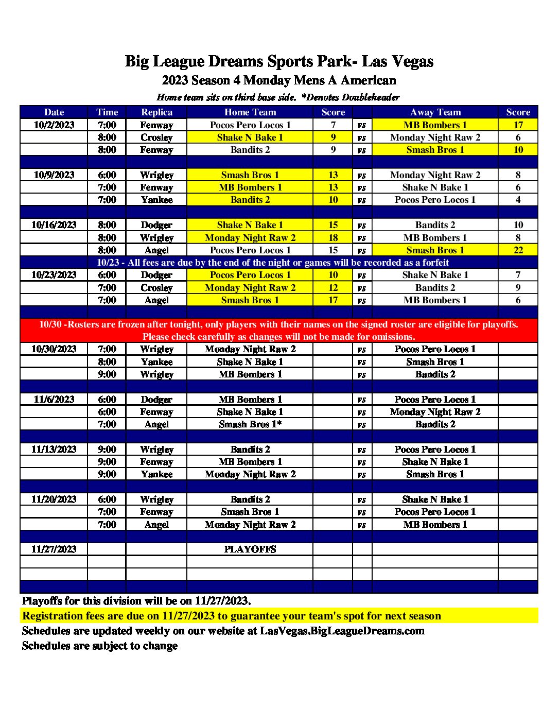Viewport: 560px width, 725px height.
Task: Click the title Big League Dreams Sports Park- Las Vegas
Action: tap(279, 61)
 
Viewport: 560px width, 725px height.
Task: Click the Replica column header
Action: tap(156, 112)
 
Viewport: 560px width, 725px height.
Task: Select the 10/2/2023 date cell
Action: tap(54, 125)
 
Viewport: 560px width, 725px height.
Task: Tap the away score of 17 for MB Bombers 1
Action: tap(518, 125)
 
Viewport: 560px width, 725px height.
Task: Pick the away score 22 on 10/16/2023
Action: tap(518, 250)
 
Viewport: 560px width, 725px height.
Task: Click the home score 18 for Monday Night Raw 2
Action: tap(333, 238)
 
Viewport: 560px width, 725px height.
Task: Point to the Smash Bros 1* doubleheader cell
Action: tap(250, 424)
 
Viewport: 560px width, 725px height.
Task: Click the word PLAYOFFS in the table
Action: tap(250, 549)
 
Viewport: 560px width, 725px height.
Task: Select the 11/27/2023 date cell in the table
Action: tap(54, 549)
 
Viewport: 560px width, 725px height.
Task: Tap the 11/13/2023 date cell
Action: tap(54, 450)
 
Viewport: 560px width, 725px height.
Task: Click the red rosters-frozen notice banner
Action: tap(279, 331)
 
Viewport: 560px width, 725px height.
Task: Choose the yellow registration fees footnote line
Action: tap(232, 616)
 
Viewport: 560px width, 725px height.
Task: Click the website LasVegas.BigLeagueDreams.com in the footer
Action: tap(342, 631)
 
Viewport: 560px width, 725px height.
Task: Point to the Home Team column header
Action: tap(250, 112)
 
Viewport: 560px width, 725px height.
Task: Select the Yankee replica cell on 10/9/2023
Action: tap(156, 200)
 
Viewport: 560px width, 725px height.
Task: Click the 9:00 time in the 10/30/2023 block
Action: tap(107, 374)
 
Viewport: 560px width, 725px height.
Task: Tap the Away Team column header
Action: tap(435, 112)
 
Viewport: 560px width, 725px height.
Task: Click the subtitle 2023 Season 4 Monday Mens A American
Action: tap(279, 80)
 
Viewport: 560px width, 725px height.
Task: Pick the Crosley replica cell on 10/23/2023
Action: tap(156, 288)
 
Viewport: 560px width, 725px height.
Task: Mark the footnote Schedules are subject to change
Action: tap(100, 646)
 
